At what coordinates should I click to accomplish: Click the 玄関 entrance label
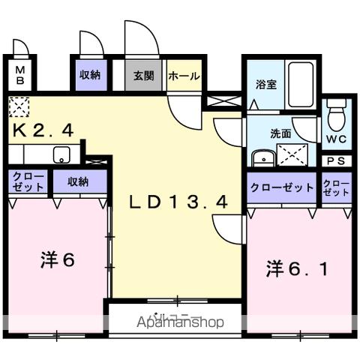[144, 76]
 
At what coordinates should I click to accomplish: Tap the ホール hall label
[184, 76]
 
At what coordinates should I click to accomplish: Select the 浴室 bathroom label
[266, 84]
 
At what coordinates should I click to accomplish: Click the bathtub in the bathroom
[301, 85]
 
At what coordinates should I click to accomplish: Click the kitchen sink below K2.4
[61, 155]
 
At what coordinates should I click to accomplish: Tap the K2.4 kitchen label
[43, 130]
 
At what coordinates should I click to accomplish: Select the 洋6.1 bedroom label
[295, 268]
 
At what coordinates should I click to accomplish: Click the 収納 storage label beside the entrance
[90, 75]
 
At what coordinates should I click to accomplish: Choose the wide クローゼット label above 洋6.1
[281, 187]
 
